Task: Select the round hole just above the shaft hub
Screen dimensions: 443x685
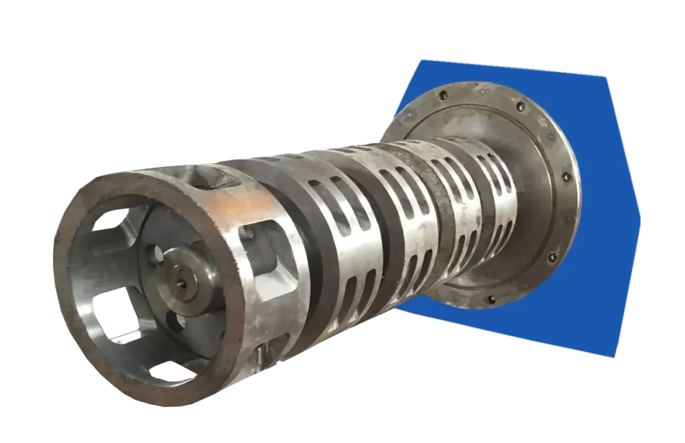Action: (x=159, y=253)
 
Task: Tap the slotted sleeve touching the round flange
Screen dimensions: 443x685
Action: (x=488, y=194)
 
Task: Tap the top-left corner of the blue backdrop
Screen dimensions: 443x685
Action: (x=420, y=60)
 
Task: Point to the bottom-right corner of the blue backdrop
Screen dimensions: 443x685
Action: (x=615, y=358)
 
